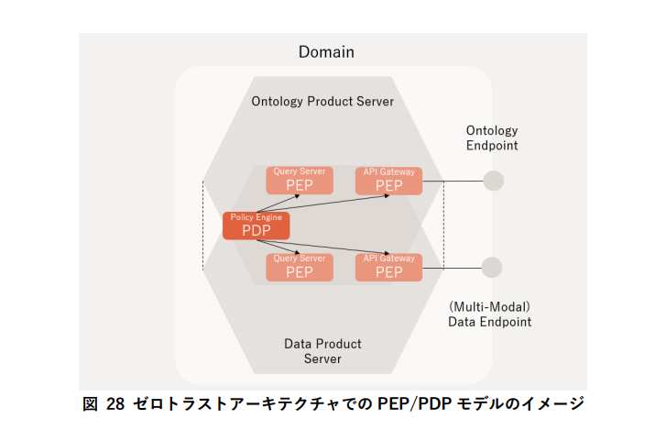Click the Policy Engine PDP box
point(256,226)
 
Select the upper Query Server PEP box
point(299,181)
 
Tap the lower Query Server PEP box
point(299,267)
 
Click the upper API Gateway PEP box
point(388,181)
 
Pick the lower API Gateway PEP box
point(388,267)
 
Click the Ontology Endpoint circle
point(493,181)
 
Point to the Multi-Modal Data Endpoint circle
point(492,268)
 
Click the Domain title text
point(326,52)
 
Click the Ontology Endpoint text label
point(492,138)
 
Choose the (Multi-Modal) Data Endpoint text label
point(489,314)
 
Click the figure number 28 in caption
point(115,403)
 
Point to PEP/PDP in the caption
point(406,403)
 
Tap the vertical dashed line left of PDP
point(203,225)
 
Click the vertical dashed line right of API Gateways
point(443,225)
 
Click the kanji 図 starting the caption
point(91,403)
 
